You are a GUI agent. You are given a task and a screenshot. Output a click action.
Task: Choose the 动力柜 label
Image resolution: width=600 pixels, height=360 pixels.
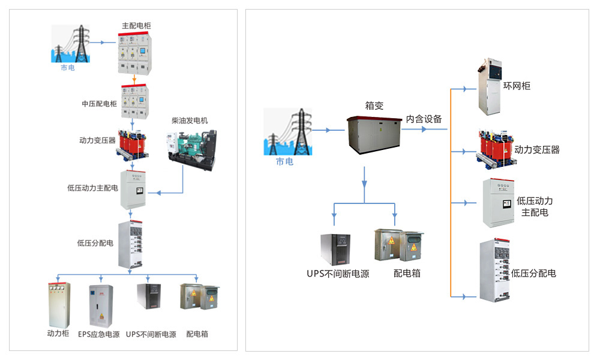tap(59, 334)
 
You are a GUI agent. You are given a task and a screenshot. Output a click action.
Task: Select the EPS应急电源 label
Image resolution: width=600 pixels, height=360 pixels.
tap(98, 334)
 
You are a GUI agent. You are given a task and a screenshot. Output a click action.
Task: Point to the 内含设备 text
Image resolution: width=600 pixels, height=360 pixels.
tap(424, 119)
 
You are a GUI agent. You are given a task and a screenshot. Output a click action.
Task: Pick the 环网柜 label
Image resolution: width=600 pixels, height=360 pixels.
tap(517, 86)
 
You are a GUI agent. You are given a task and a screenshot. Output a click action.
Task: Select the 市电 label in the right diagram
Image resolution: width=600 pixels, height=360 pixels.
tap(284, 161)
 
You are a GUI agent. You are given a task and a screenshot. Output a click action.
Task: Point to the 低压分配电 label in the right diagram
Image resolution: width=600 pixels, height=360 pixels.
tap(533, 273)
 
